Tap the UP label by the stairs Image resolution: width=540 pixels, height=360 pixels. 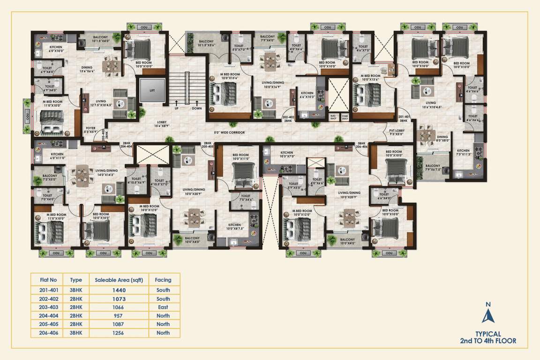click(x=177, y=108)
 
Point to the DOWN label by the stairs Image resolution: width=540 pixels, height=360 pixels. click(x=196, y=108)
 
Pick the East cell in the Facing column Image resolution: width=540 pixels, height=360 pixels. click(x=163, y=307)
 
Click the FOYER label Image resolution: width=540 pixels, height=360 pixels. click(x=91, y=130)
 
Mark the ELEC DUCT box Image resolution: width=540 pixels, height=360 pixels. click(x=334, y=117)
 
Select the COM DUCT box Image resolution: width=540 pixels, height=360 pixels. click(x=345, y=117)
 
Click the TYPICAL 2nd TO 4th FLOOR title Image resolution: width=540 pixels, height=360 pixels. click(x=488, y=337)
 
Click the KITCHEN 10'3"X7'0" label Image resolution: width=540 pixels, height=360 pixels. click(x=287, y=155)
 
